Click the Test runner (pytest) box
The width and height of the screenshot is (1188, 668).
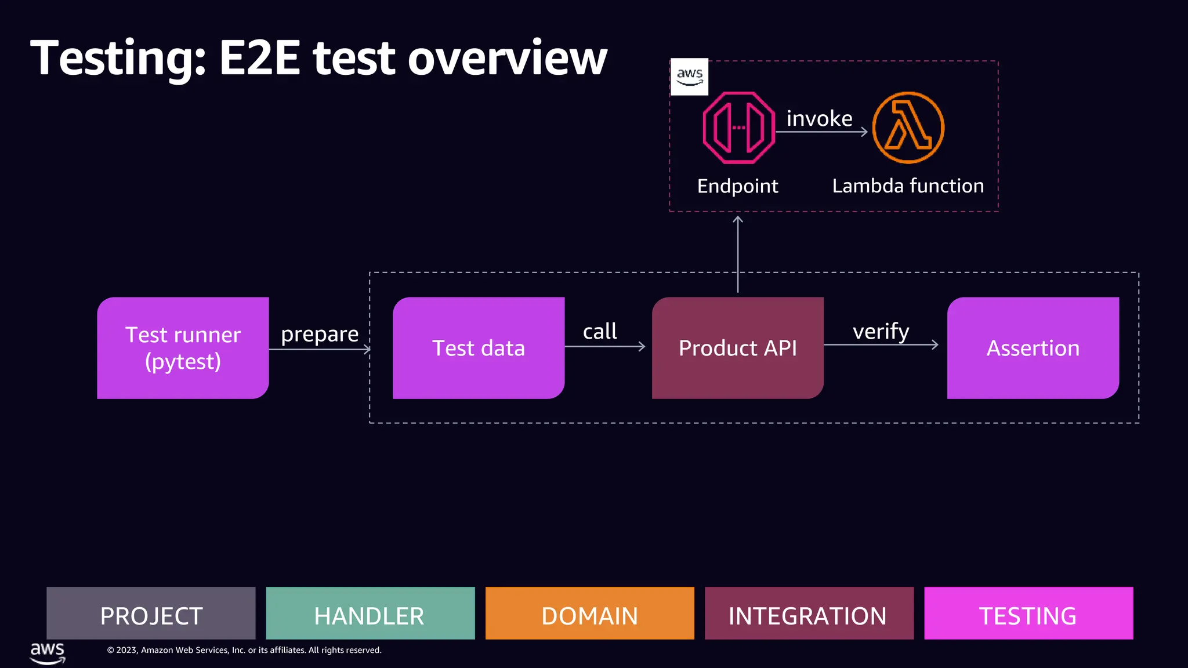(x=183, y=348)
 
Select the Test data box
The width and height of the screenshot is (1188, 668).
(x=479, y=348)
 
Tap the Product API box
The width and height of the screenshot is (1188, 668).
(x=737, y=348)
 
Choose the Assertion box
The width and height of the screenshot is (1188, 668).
(x=1033, y=348)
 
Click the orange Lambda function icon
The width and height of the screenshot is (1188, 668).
(x=908, y=128)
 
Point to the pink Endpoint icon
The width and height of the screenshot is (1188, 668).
(x=738, y=128)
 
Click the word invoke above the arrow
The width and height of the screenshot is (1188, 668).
(x=819, y=119)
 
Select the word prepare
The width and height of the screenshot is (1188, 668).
(x=320, y=335)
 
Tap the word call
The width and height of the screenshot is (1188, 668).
(x=600, y=332)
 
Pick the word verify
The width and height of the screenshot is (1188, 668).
(x=881, y=332)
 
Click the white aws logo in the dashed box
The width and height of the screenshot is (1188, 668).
(x=689, y=77)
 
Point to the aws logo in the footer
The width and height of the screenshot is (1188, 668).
(x=48, y=652)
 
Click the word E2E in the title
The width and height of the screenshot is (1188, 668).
(x=259, y=58)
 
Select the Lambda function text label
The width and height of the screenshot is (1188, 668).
(x=908, y=186)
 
